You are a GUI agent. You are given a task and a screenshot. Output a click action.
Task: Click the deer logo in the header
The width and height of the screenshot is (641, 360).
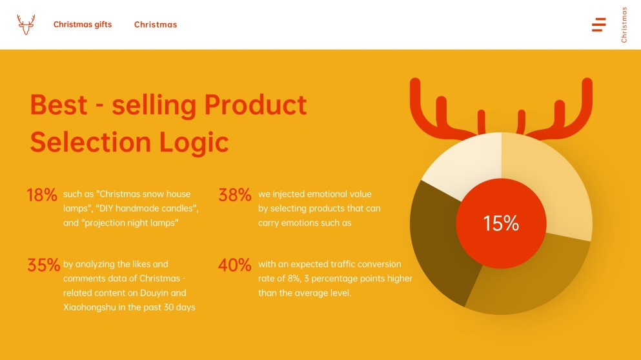click(26, 25)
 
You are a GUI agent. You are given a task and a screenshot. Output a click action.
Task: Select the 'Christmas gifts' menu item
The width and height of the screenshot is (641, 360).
click(83, 25)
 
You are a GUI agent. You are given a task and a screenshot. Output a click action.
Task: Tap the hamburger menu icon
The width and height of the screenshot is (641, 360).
click(599, 25)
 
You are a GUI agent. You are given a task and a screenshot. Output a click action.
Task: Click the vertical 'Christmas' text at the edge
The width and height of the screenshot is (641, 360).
click(624, 25)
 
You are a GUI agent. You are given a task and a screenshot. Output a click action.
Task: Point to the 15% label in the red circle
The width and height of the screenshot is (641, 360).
click(501, 223)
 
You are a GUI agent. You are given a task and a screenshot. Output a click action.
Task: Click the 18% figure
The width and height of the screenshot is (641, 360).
click(42, 195)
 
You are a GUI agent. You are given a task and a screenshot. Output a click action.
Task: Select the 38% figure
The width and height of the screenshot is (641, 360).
click(235, 195)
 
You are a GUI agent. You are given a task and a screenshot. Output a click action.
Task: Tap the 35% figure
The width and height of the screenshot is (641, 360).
click(43, 265)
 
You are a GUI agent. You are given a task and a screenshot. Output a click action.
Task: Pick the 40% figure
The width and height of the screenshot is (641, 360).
click(235, 265)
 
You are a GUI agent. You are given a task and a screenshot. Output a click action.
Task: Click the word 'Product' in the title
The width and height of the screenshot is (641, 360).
click(256, 105)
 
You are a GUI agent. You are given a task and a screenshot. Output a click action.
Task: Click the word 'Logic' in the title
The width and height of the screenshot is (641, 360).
click(194, 143)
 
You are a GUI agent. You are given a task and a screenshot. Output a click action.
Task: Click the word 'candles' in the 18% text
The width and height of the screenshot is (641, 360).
click(182, 208)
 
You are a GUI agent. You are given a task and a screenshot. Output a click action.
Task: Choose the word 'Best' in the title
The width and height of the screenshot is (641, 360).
click(59, 105)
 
